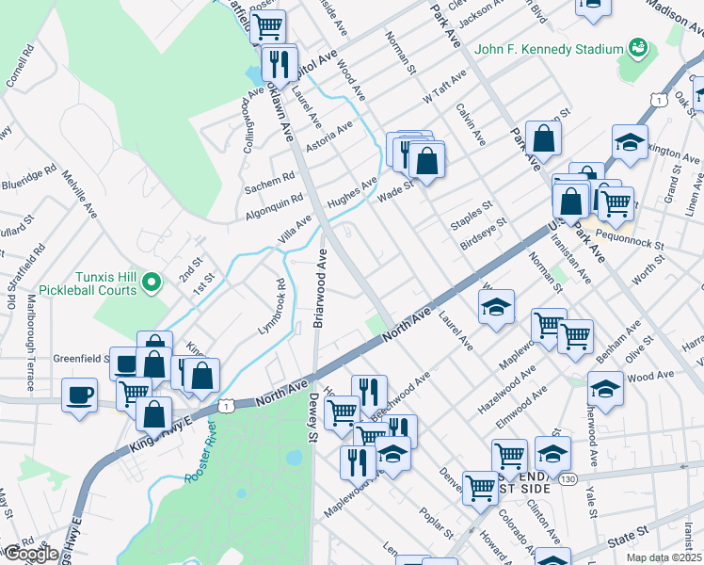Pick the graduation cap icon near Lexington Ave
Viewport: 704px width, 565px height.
click(630, 141)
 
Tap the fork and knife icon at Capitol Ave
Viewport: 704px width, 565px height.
click(279, 63)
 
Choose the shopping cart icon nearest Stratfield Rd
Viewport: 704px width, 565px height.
click(268, 25)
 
